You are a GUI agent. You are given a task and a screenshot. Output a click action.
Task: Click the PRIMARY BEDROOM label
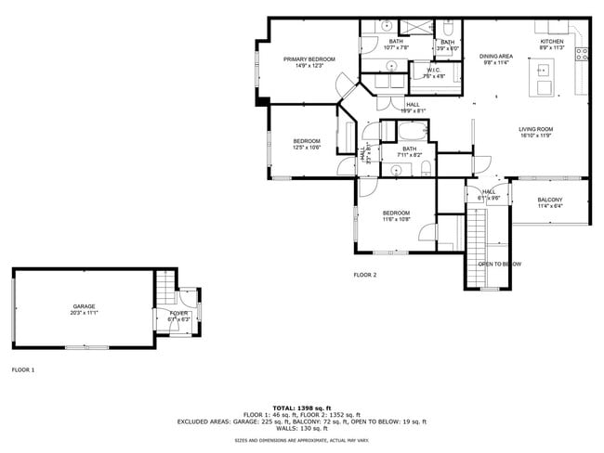(x=309, y=59)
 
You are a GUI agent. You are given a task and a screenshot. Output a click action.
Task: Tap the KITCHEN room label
(x=552, y=42)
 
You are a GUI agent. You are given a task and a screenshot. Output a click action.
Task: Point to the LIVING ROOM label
(x=535, y=129)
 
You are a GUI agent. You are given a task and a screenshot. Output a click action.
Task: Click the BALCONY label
(x=549, y=200)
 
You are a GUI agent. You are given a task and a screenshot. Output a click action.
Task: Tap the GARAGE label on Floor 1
(x=85, y=306)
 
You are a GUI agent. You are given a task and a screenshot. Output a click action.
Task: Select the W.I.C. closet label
(x=434, y=71)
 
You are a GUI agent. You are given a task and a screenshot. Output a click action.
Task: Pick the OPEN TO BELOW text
(x=499, y=264)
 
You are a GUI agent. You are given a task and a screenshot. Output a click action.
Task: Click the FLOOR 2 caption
(x=364, y=275)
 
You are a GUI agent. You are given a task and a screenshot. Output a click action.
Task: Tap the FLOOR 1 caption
(x=22, y=369)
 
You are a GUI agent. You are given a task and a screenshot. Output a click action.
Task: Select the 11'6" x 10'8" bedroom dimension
(x=397, y=220)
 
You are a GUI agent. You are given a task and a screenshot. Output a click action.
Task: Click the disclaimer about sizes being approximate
(x=302, y=441)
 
